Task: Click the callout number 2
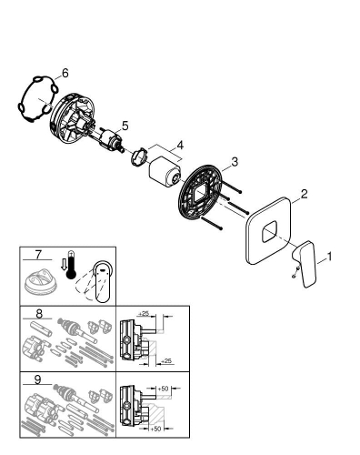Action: pos(305,194)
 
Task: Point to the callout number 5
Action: pos(125,126)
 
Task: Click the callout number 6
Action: pos(65,72)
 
